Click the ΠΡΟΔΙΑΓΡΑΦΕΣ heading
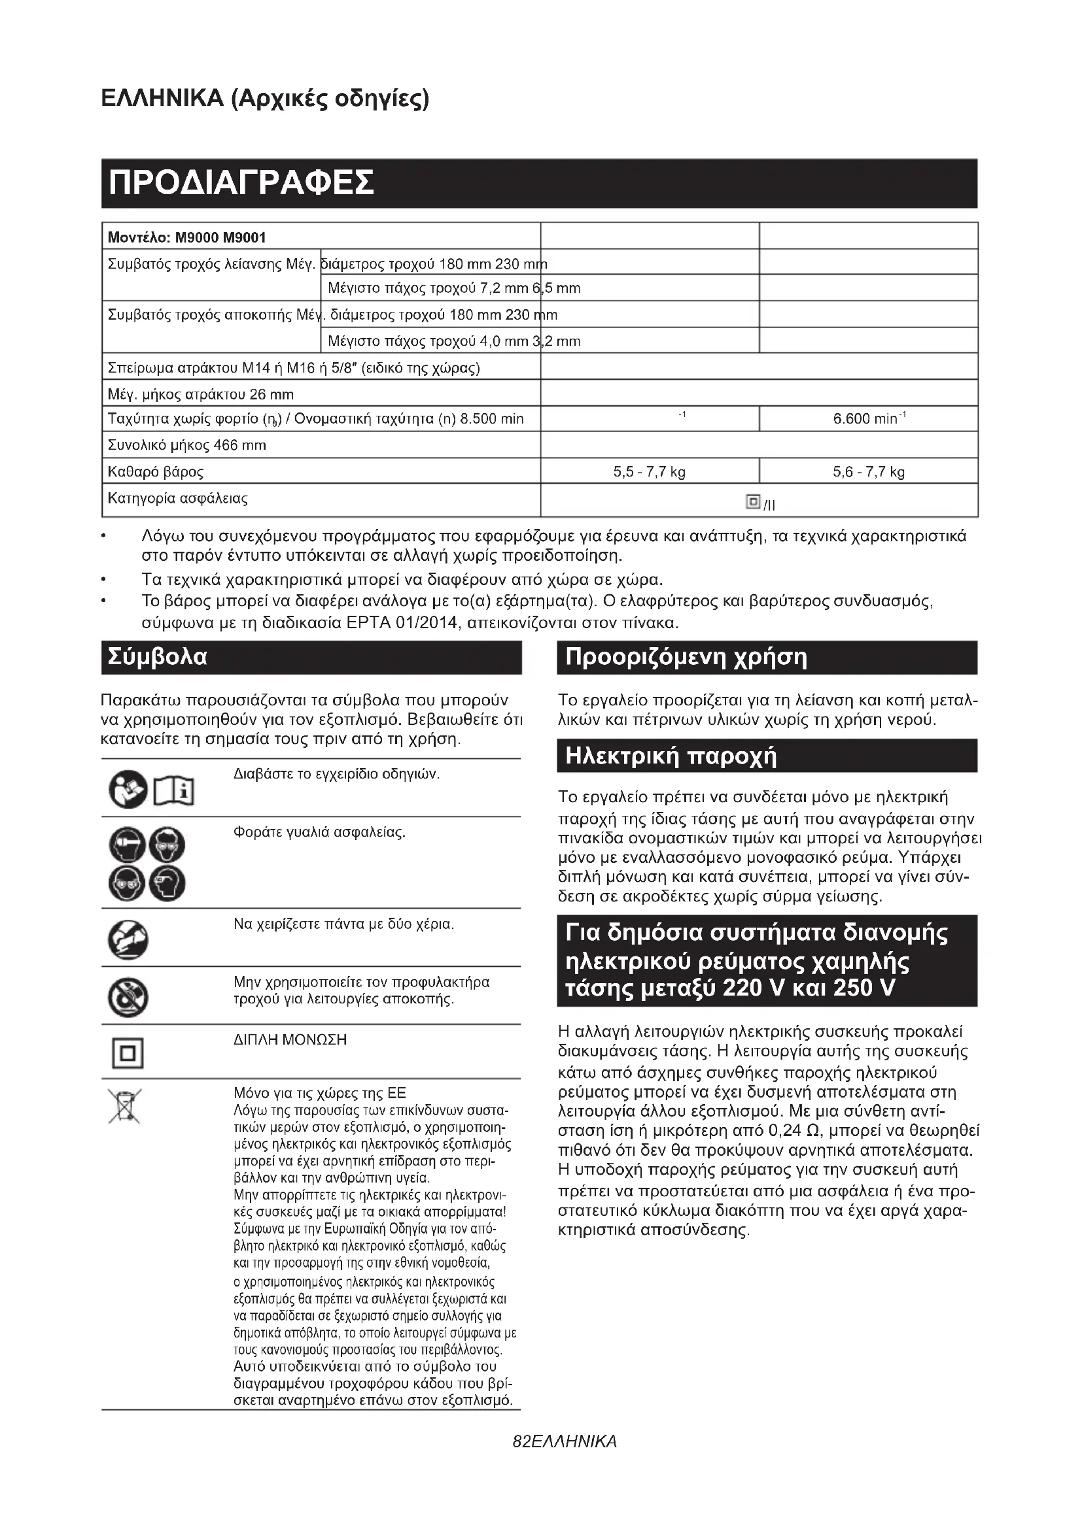241,183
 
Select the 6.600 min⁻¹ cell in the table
868,419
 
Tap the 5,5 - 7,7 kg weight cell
649,472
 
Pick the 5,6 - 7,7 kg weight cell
868,472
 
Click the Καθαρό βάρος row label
156,472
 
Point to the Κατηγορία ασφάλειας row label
178,499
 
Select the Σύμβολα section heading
158,657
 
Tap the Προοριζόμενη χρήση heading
686,657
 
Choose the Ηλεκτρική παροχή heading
671,756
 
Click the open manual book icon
174,792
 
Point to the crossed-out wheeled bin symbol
125,1106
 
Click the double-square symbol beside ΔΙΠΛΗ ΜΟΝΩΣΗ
128,1054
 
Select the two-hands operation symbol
128,939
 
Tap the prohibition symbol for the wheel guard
128,997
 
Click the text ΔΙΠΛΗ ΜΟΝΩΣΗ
290,1040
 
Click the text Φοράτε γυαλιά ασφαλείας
319,832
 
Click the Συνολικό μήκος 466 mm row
187,446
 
